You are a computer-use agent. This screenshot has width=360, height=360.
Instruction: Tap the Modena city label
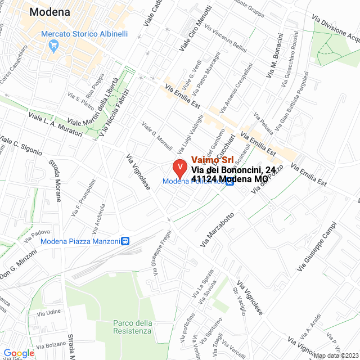49,12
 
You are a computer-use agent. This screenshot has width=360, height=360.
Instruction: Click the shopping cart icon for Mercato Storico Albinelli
54,47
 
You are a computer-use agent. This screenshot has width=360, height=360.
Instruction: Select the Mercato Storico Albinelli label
84,34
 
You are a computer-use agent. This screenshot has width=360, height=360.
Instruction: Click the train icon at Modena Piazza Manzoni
125,241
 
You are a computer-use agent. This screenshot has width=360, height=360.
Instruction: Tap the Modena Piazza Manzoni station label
80,241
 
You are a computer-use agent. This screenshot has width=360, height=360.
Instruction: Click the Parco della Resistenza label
132,327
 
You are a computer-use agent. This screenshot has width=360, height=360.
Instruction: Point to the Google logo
19,353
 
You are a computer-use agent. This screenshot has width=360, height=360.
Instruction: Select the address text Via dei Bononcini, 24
233,170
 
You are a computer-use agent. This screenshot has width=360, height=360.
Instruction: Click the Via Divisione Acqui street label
337,28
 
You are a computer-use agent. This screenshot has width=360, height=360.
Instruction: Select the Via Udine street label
48,312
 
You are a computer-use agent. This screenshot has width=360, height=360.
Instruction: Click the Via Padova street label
37,232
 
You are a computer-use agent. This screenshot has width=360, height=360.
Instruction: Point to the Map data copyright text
336,355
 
